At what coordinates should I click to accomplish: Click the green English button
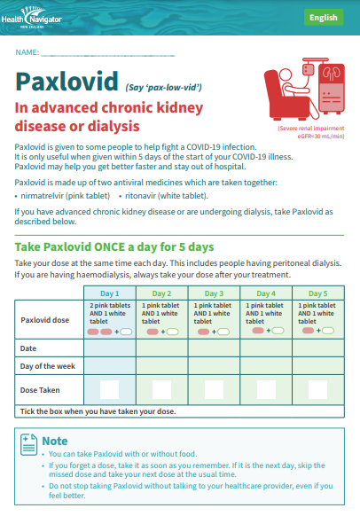[x=323, y=18]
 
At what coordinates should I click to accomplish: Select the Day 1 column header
[x=110, y=293]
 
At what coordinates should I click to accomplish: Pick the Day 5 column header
[x=318, y=293]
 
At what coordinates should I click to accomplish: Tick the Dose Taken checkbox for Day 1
[x=109, y=388]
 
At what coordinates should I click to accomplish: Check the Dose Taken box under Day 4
[x=266, y=388]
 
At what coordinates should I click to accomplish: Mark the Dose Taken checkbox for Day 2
[x=161, y=388]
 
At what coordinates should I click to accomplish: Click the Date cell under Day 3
[x=215, y=348]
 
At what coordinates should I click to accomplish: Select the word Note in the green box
[x=55, y=441]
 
